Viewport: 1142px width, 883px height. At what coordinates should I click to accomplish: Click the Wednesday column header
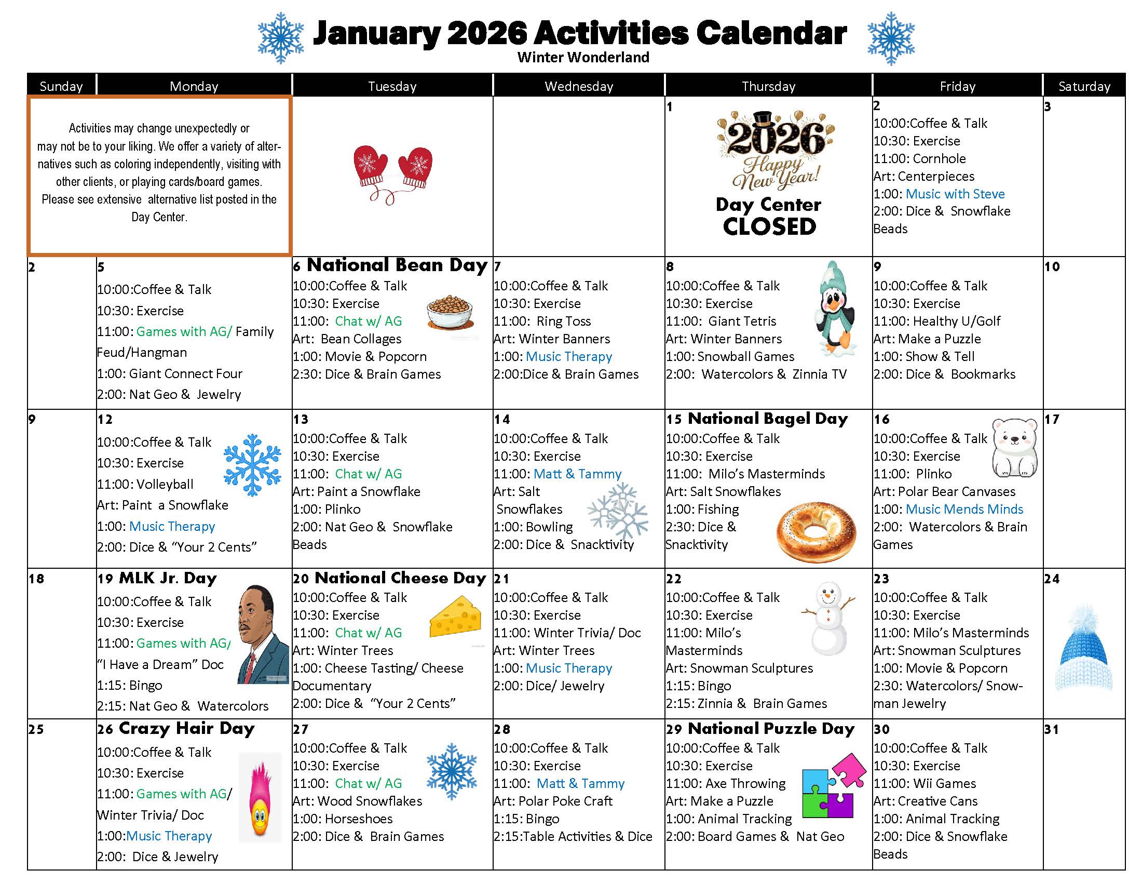[578, 86]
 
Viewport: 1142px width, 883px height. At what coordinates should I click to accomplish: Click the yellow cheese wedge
[455, 617]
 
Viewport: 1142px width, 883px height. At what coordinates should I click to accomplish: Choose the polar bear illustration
[1014, 447]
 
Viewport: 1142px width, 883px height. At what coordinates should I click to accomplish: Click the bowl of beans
[450, 312]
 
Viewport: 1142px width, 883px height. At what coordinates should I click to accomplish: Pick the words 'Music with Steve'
[955, 194]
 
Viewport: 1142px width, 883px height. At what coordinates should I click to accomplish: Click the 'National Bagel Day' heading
[768, 419]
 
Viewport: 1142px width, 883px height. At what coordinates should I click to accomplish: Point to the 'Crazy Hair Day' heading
[187, 728]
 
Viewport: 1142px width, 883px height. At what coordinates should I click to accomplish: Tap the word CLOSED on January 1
[769, 226]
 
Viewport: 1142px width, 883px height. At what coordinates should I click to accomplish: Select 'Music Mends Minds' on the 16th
[964, 509]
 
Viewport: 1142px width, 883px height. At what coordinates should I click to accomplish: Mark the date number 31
[1052, 729]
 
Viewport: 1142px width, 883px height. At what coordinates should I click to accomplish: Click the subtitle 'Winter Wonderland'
[583, 57]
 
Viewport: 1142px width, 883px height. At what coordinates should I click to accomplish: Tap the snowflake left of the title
[281, 38]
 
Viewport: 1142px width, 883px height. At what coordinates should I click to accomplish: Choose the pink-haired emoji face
[260, 798]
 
